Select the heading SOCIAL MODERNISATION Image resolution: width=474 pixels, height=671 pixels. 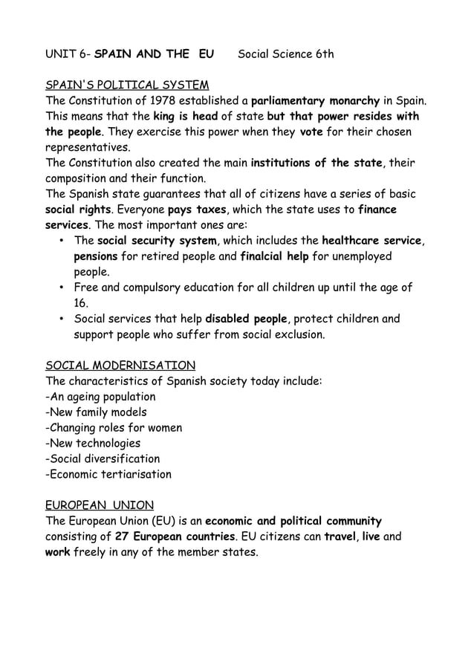120,366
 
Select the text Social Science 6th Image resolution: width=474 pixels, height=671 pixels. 285,54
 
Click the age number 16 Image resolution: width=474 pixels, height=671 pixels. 81,303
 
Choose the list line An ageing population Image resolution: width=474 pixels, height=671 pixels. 100,397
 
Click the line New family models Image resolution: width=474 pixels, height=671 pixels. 96,412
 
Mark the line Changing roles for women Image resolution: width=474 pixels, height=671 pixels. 114,428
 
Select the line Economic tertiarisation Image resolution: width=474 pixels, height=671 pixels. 108,475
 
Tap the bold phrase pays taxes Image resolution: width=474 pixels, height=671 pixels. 197,210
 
